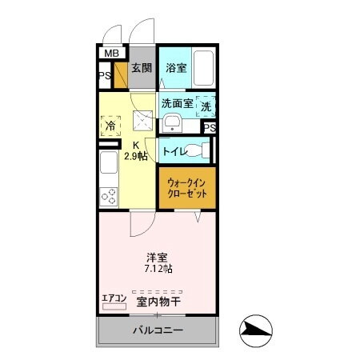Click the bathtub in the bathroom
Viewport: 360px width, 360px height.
[204, 70]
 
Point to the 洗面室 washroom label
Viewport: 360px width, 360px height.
[177, 103]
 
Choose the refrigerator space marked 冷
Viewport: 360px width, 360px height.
[110, 126]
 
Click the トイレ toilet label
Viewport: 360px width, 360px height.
[175, 151]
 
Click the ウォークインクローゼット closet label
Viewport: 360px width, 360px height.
[186, 189]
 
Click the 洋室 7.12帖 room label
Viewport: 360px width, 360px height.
[156, 262]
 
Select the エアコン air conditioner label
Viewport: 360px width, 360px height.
[114, 299]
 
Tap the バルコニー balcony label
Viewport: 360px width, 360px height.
[158, 330]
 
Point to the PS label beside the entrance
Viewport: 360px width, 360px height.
[105, 77]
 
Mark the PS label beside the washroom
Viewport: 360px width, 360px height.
[209, 127]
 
